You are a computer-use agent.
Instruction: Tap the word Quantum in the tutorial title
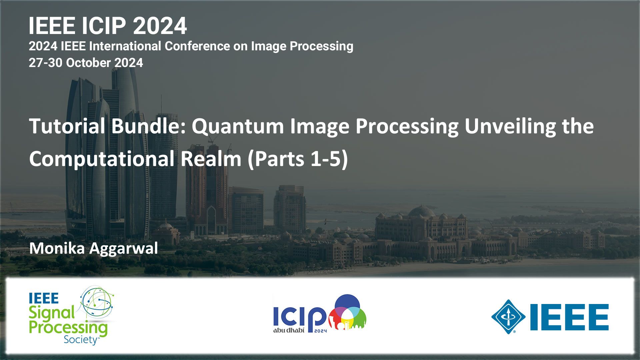click(237, 126)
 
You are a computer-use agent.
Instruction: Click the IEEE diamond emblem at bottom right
click(508, 317)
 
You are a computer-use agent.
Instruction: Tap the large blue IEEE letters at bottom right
click(569, 317)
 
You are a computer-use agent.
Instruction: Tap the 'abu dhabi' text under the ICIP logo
click(289, 330)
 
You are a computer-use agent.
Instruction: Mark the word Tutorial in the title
click(67, 126)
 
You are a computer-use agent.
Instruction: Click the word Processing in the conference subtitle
click(321, 46)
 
